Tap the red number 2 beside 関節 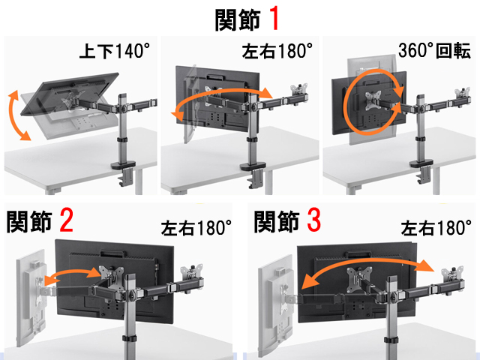tap(67, 220)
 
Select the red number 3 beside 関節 tap(313, 220)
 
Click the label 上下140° tap(115, 51)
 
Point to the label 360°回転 tap(434, 50)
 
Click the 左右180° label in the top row tap(277, 51)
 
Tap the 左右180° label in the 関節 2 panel tap(196, 228)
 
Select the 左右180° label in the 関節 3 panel tap(436, 228)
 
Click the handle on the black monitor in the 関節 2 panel tap(113, 253)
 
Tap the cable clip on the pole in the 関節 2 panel tap(129, 339)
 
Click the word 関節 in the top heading tap(238, 19)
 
